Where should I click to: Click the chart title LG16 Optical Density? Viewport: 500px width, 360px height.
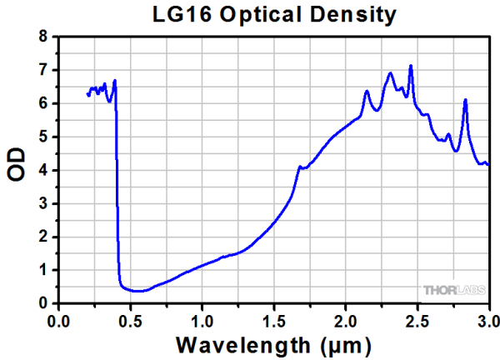coord(272,14)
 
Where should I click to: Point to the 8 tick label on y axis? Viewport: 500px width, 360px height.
coord(44,37)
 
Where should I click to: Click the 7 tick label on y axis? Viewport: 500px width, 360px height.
coord(44,71)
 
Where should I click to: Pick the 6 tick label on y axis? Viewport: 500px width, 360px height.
coord(44,104)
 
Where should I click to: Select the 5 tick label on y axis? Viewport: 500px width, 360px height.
coord(44,137)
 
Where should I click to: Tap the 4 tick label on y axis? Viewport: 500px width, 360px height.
coord(44,171)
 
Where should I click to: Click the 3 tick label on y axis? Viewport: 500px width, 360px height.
coord(44,204)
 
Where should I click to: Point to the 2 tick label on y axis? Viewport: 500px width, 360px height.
coord(44,237)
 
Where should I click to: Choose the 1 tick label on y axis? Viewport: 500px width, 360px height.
coord(44,271)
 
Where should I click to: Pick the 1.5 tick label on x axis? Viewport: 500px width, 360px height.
coord(274,319)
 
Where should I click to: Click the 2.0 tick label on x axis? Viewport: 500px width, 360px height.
coord(346,319)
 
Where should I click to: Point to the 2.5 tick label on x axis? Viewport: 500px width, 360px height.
coord(417,319)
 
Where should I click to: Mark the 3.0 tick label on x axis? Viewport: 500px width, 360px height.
coord(487,319)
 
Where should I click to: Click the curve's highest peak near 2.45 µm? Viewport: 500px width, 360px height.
coord(410,66)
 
